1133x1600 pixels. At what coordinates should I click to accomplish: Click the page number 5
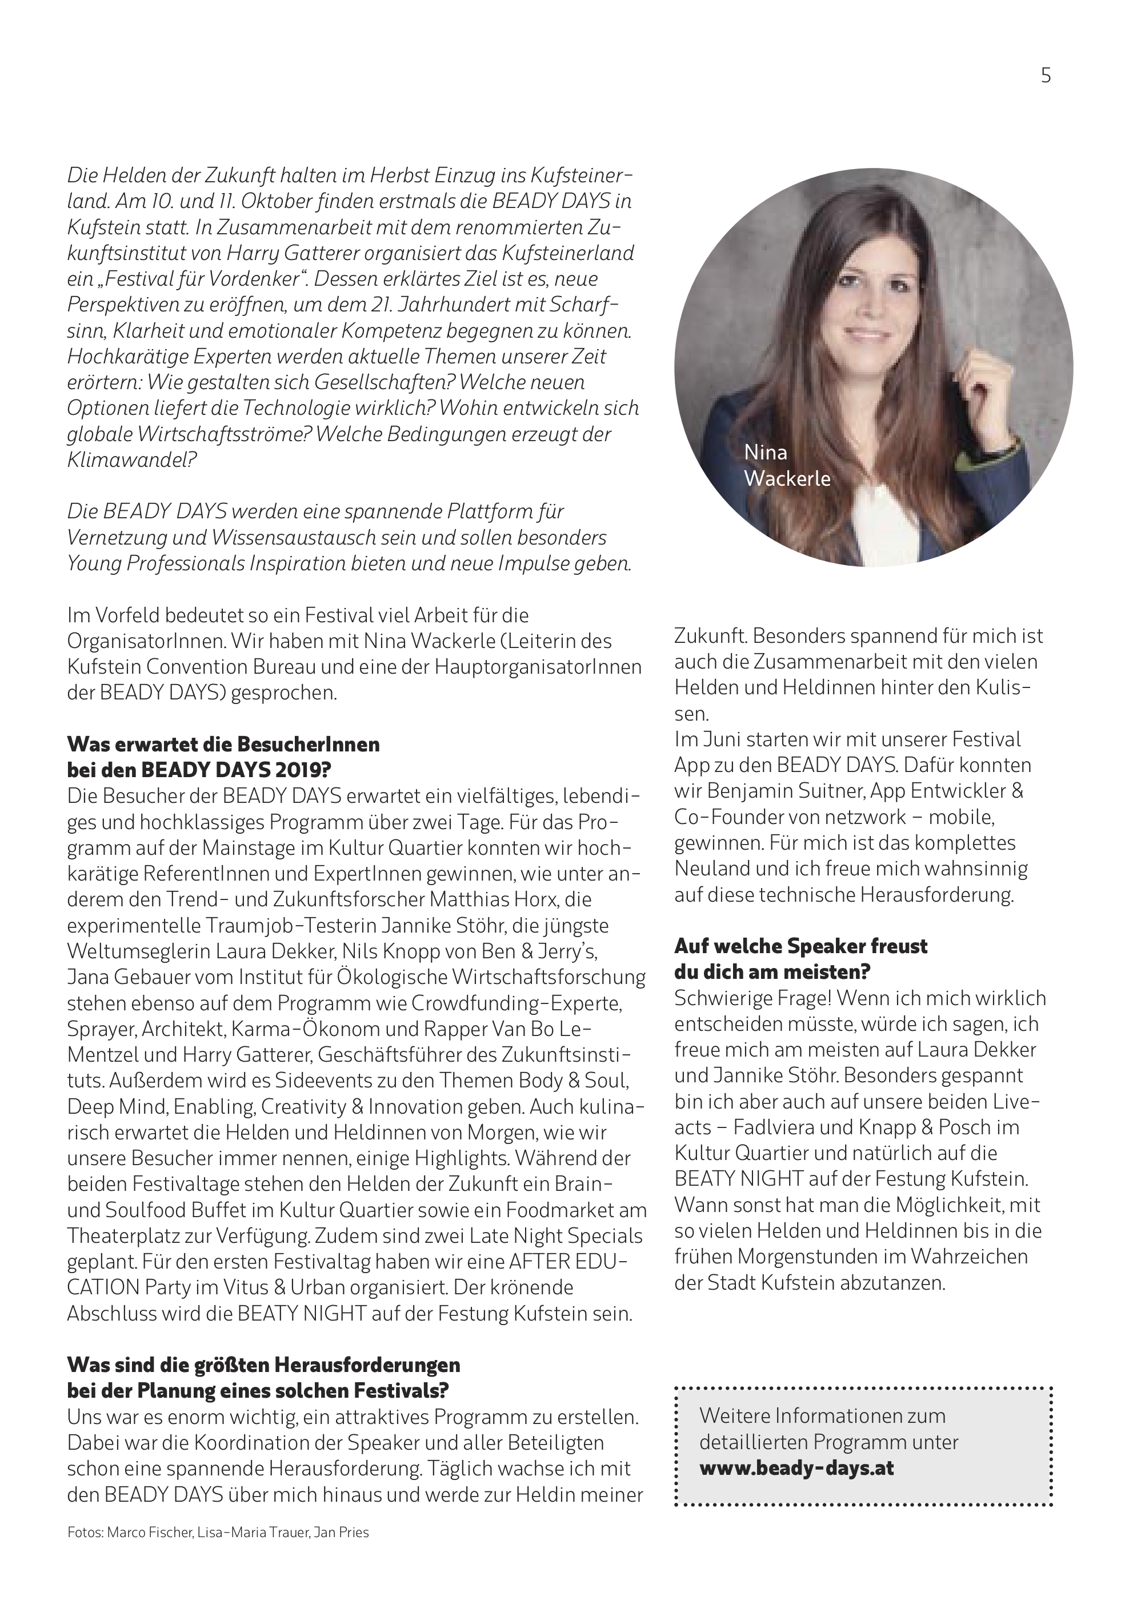pos(1045,75)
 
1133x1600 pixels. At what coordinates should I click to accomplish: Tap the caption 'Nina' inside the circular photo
pos(766,452)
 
